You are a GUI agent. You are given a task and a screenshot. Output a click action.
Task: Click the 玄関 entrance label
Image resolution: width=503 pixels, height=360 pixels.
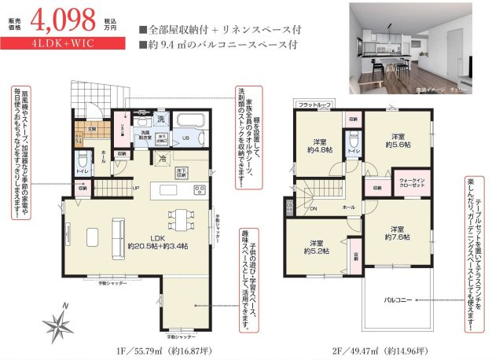tap(90, 129)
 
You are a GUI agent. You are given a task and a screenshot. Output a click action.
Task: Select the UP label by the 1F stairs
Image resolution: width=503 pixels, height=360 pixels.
tap(135, 189)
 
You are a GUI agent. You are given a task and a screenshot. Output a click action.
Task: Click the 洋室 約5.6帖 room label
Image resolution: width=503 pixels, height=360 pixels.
tap(398, 141)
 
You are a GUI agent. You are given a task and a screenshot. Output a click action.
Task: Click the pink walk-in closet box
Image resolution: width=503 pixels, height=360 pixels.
tap(411, 182)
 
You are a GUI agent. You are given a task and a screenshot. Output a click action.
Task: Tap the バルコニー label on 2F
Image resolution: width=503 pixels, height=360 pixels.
tap(398, 300)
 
